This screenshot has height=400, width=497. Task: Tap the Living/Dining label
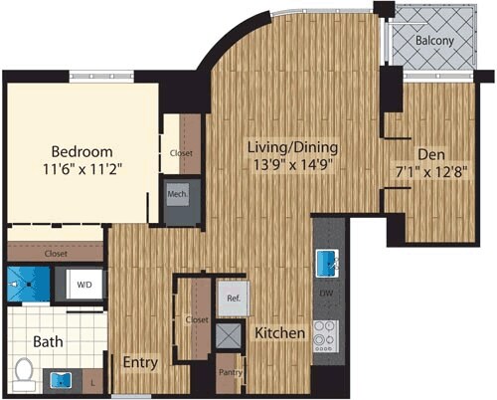(288, 147)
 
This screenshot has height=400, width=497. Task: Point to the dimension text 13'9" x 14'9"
(288, 165)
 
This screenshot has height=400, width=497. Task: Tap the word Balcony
(435, 43)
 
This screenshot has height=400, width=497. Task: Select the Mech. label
(179, 195)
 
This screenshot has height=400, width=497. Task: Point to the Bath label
(47, 341)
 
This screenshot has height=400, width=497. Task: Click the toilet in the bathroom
(24, 371)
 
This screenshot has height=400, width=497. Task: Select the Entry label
(139, 363)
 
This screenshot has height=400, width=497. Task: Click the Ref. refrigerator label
(235, 297)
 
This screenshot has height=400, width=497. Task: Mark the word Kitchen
(278, 333)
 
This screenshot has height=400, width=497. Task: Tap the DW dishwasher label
(326, 296)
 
